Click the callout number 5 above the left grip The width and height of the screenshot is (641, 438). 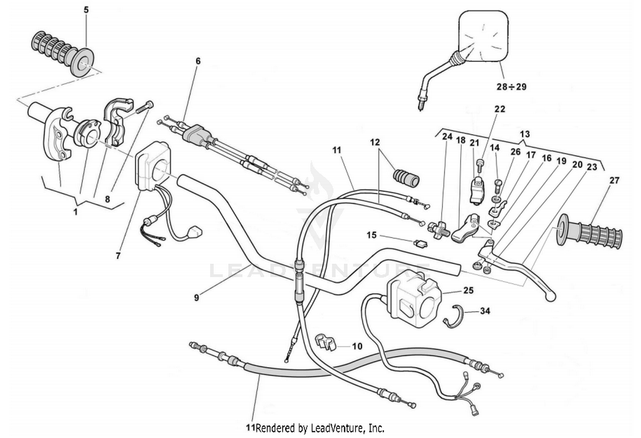point(86,9)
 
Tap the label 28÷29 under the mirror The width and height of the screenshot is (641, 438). point(511,87)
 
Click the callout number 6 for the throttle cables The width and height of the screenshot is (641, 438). point(198,61)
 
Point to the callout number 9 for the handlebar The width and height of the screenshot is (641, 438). point(197,298)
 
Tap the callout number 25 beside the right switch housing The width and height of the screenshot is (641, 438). point(468,290)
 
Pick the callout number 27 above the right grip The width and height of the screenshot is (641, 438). point(614,181)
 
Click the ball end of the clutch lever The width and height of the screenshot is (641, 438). point(551,296)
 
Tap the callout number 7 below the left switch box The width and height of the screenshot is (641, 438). point(118,256)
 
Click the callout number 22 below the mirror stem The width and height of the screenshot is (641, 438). point(500,109)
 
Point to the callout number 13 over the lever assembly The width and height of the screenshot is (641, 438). point(525,134)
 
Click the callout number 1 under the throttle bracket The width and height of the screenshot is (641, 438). point(76,212)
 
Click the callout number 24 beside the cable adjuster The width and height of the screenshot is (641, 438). point(447,137)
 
